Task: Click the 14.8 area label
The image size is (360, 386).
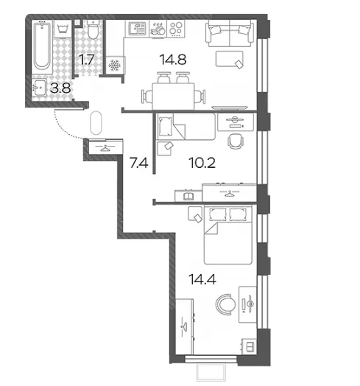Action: click(173, 60)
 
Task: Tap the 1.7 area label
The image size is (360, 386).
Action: click(86, 60)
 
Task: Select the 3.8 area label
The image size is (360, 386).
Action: click(60, 88)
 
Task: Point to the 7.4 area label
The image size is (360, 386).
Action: click(139, 163)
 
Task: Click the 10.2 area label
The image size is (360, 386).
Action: click(202, 163)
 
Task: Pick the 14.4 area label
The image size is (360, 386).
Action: click(202, 279)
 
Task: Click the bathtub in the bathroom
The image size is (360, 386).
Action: click(42, 46)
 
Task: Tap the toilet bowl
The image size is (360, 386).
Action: click(93, 29)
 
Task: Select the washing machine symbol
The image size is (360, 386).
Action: click(63, 29)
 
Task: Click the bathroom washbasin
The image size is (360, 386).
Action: click(39, 87)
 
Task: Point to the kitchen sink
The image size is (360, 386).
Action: click(137, 28)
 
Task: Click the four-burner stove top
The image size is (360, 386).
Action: click(176, 28)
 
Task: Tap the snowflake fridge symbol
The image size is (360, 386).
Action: click(114, 66)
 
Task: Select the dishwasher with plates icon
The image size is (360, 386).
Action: click(158, 29)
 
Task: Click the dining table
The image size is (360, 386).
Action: click(173, 96)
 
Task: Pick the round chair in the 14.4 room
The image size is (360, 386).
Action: click(225, 304)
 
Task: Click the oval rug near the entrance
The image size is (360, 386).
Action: click(96, 123)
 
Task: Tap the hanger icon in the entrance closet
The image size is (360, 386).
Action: click(105, 148)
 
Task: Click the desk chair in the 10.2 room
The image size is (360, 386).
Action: click(236, 141)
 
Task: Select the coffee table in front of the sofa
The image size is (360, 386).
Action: click(230, 59)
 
